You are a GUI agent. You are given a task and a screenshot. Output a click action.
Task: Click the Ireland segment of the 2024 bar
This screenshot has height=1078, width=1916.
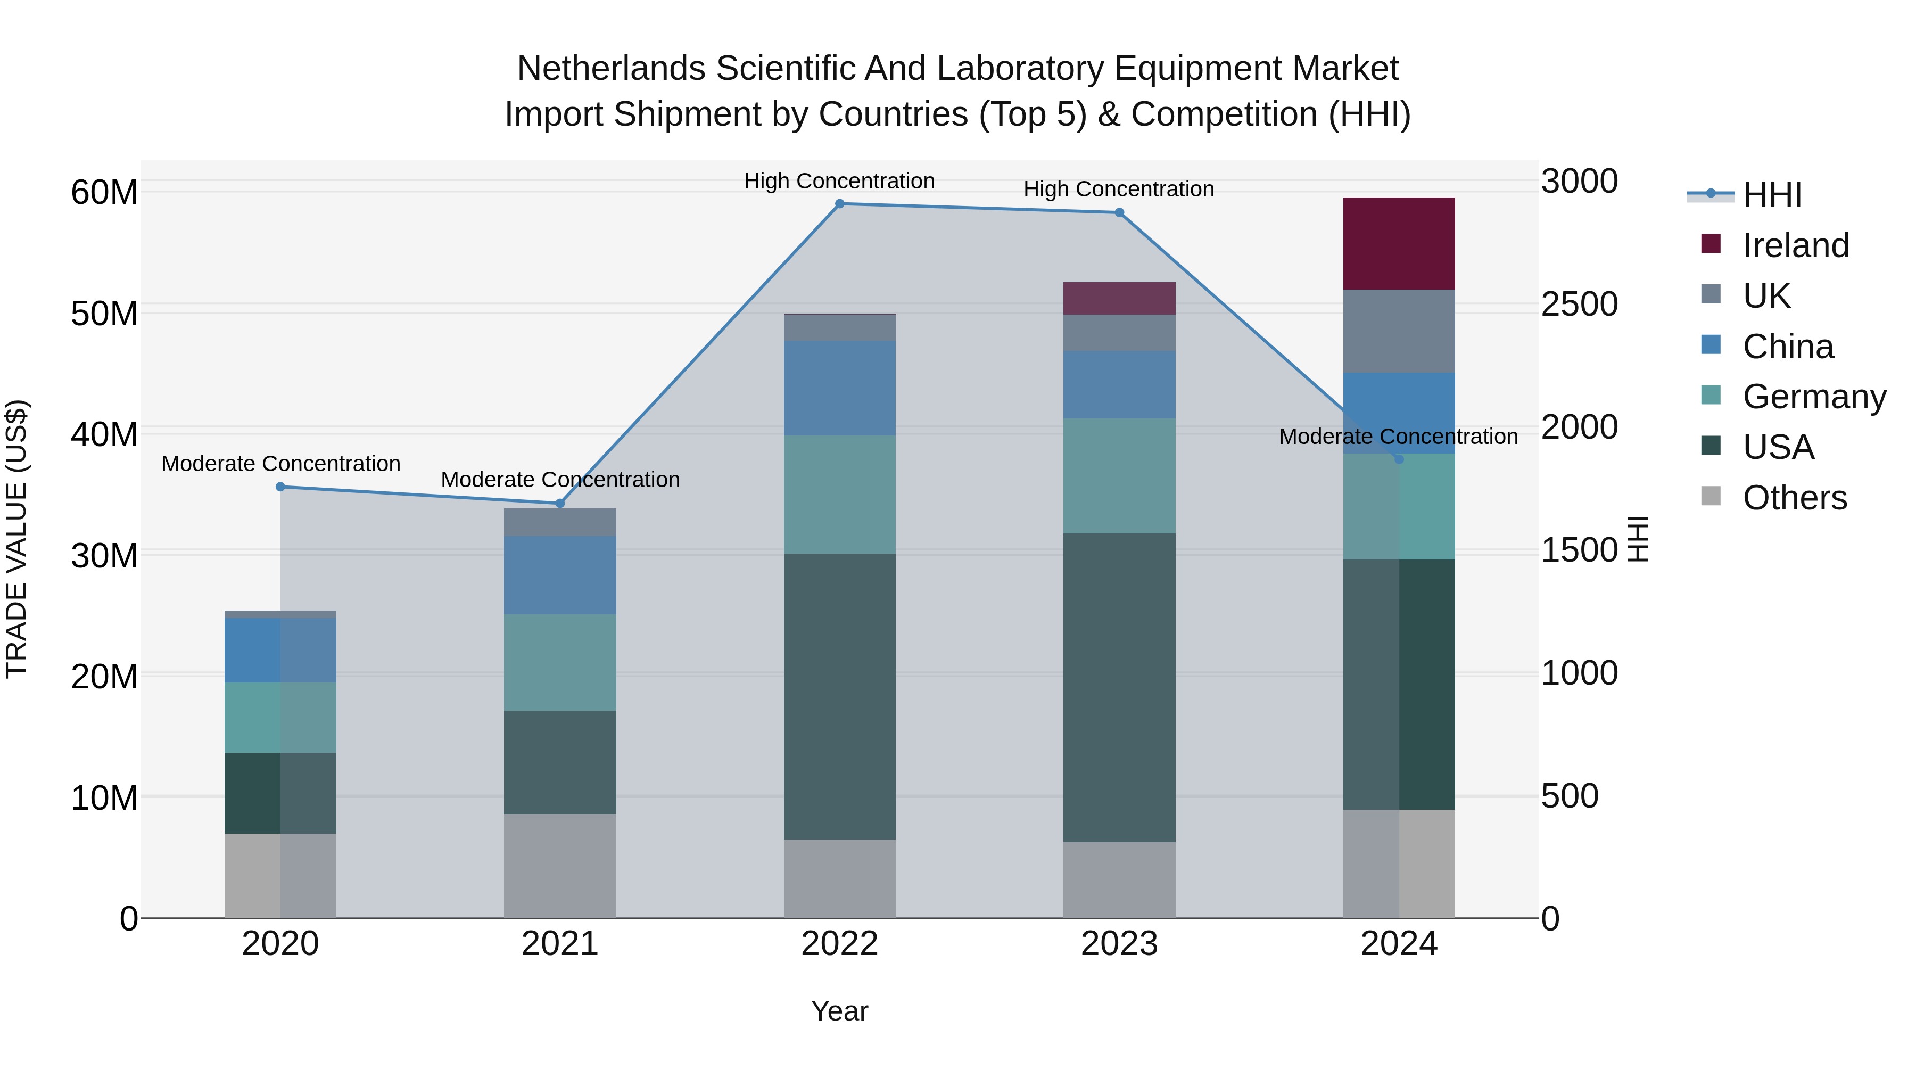pyautogui.click(x=1398, y=243)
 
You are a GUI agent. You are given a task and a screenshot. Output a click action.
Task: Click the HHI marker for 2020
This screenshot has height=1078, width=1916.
pyautogui.click(x=280, y=487)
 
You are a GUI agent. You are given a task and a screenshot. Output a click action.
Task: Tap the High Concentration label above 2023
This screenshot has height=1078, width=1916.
pyautogui.click(x=1119, y=189)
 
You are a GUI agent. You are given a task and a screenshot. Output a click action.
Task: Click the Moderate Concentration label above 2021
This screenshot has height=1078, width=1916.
pyautogui.click(x=559, y=480)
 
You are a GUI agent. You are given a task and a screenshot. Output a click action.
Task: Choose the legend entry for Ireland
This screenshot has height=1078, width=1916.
pyautogui.click(x=1795, y=245)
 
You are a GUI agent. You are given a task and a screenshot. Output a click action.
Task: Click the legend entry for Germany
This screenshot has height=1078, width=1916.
pyautogui.click(x=1813, y=397)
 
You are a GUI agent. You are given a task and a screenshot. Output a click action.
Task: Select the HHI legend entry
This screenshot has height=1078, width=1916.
pyautogui.click(x=1771, y=195)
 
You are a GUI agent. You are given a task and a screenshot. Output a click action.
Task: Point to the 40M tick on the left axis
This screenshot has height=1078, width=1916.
pyautogui.click(x=104, y=434)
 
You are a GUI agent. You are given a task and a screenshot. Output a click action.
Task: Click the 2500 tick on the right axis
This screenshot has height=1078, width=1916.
pyautogui.click(x=1579, y=305)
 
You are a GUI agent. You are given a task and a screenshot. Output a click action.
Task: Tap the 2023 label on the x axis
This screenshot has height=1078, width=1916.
pyautogui.click(x=1119, y=944)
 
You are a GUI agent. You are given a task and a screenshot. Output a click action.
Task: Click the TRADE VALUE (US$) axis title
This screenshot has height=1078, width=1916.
pyautogui.click(x=16, y=539)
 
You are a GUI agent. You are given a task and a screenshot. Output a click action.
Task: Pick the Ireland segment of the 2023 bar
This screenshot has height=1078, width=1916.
pyautogui.click(x=1119, y=298)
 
